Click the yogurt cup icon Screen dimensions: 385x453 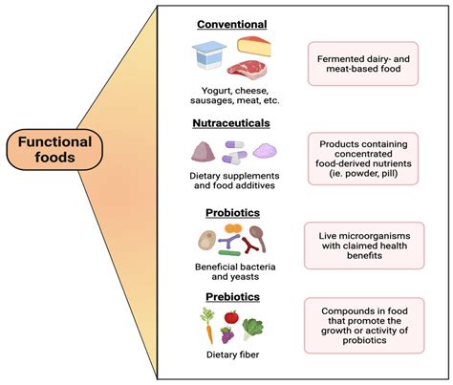point(210,58)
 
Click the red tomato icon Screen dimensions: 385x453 point(230,316)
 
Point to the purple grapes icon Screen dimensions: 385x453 point(227,335)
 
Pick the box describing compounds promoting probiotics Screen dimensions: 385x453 point(362,328)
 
